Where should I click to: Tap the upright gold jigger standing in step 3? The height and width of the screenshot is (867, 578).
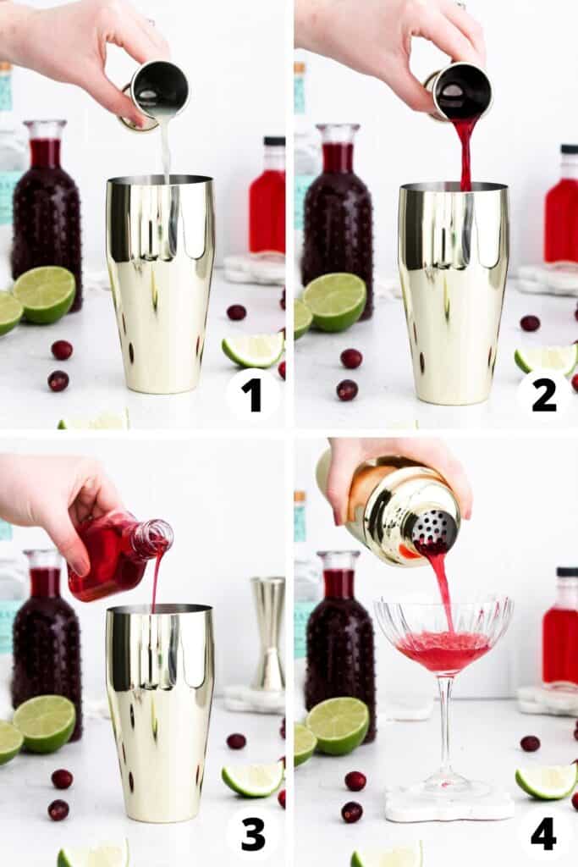click(x=268, y=633)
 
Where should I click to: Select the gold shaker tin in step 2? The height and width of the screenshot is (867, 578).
click(x=453, y=292)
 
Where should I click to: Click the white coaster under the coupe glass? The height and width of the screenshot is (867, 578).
click(x=449, y=804)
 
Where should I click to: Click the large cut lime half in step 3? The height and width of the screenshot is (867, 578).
click(x=44, y=724)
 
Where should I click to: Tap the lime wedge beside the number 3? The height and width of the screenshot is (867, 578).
click(x=252, y=780)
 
